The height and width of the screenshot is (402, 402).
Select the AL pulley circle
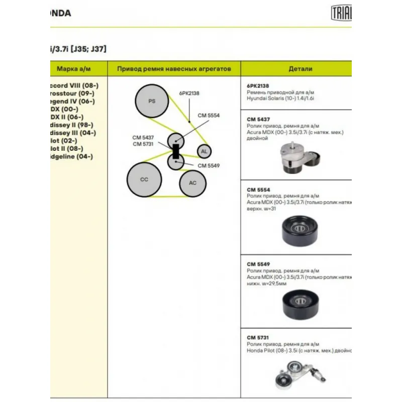pyautogui.click(x=203, y=151)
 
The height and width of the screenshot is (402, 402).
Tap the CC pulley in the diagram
pyautogui.click(x=144, y=179)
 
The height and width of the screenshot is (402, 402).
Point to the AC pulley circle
pyautogui.click(x=192, y=183)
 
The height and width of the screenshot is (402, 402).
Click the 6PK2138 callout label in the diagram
pyautogui.click(x=189, y=93)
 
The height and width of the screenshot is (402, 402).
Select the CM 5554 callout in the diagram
pyautogui.click(x=209, y=115)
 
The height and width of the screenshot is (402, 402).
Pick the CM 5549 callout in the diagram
pyautogui.click(x=209, y=165)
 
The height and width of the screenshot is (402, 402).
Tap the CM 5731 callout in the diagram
pyautogui.click(x=143, y=144)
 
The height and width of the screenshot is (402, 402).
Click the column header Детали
pyautogui.click(x=300, y=68)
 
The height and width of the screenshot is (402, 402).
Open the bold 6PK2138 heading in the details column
pyautogui.click(x=258, y=85)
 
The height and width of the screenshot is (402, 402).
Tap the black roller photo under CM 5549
pyautogui.click(x=300, y=305)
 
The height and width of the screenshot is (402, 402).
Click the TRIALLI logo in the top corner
pyautogui.click(x=341, y=13)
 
